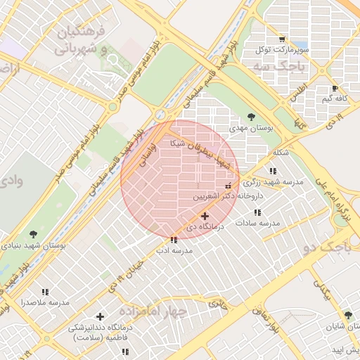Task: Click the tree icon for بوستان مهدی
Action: coord(252,117)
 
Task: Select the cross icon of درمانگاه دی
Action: coord(205,216)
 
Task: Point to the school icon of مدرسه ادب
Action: coord(174,240)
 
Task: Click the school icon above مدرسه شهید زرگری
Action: coord(272,171)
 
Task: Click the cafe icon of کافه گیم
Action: coord(335,89)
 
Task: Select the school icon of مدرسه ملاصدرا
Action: coord(45,292)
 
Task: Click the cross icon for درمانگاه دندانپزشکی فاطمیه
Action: coord(100,317)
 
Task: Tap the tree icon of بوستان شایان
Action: coord(347,315)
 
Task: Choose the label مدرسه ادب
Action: coord(174,250)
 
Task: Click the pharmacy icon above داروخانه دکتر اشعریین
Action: coord(227,186)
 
